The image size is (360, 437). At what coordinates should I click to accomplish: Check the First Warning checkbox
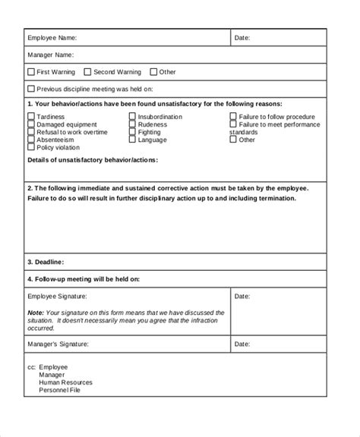coord(31,72)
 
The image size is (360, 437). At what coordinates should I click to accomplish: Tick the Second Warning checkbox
coord(87,72)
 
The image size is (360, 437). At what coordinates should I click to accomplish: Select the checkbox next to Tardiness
coord(31,117)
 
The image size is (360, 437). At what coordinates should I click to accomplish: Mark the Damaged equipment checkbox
coord(31,124)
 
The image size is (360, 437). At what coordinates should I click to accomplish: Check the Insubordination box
coord(133,117)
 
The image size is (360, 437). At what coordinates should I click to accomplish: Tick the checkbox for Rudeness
coord(133,124)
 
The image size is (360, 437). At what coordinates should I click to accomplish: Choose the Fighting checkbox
coord(133,132)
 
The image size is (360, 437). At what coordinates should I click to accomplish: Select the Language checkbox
coord(133,140)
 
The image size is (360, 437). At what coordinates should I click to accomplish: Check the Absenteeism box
coord(31,140)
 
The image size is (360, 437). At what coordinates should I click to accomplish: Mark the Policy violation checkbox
coord(31,147)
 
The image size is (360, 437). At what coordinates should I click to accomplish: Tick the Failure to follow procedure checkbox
coord(234,117)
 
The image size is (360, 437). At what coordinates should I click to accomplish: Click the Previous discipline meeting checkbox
coord(31,89)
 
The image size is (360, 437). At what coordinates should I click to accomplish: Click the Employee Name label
coord(52,37)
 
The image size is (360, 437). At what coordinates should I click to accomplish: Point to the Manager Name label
coord(50,55)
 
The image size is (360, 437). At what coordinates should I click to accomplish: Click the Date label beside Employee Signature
coord(242,296)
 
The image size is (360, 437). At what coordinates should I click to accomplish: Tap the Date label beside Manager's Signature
coord(242,344)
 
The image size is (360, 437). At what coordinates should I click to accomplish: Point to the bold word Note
coord(35,313)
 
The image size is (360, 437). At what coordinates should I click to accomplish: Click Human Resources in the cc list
coord(66,383)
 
